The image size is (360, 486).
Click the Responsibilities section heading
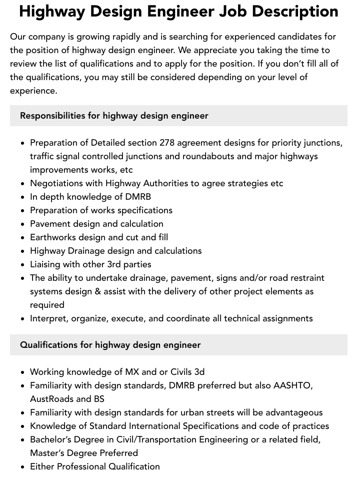click(114, 116)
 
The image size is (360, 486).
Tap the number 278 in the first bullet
click(167, 143)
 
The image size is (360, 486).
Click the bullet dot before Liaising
click(23, 265)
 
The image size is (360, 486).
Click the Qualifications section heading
click(110, 345)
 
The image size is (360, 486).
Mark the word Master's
click(47, 453)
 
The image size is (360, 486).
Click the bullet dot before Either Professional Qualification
click(23, 467)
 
